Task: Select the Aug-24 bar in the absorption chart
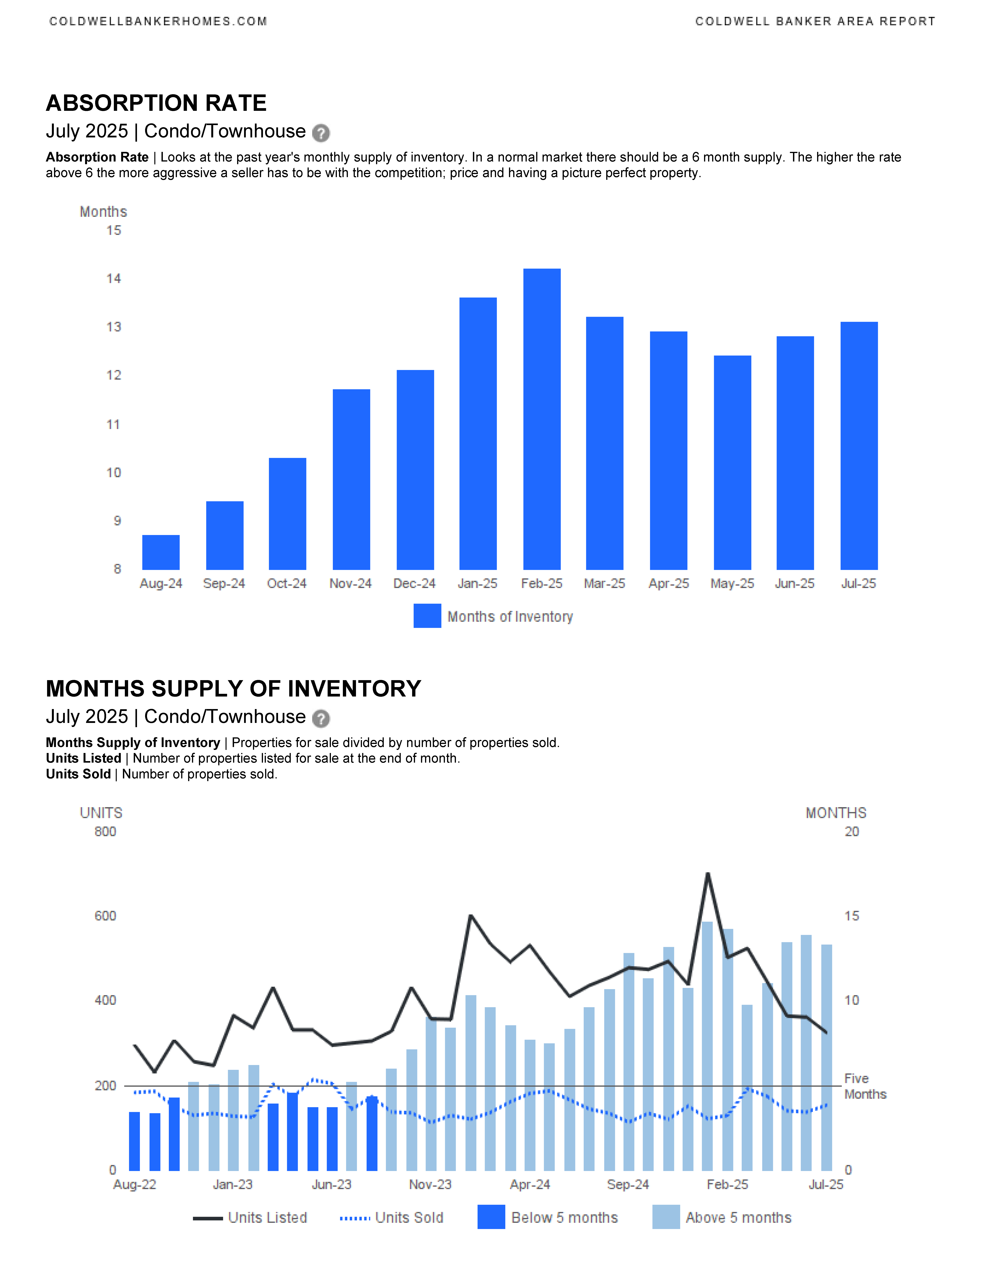click(161, 552)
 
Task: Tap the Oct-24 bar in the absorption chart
click(287, 514)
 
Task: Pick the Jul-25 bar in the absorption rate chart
click(859, 446)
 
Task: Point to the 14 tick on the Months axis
click(114, 278)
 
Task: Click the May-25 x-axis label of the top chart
click(732, 584)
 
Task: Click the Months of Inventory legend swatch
click(427, 616)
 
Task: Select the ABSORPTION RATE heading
click(156, 103)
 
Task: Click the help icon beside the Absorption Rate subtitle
click(321, 133)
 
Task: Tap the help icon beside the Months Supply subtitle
click(321, 718)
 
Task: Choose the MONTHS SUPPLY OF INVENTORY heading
click(233, 688)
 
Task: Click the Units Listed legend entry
click(250, 1218)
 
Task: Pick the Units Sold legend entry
click(392, 1218)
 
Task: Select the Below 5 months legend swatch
click(491, 1217)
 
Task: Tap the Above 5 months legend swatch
click(666, 1217)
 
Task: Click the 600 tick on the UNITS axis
click(106, 916)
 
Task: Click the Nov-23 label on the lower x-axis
click(430, 1185)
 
